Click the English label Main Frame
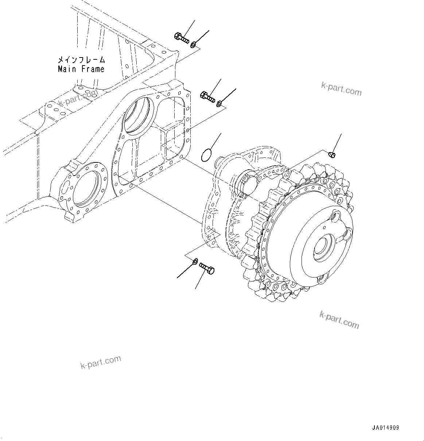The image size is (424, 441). (x=81, y=69)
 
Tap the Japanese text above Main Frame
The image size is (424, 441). (x=81, y=59)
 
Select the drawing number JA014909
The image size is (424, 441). (x=385, y=428)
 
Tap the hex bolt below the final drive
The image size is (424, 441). (x=207, y=269)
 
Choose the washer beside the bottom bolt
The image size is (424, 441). (x=195, y=261)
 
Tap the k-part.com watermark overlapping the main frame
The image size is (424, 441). (x=78, y=98)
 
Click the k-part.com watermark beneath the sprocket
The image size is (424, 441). (x=339, y=319)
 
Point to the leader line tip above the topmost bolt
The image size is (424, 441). (x=194, y=21)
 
